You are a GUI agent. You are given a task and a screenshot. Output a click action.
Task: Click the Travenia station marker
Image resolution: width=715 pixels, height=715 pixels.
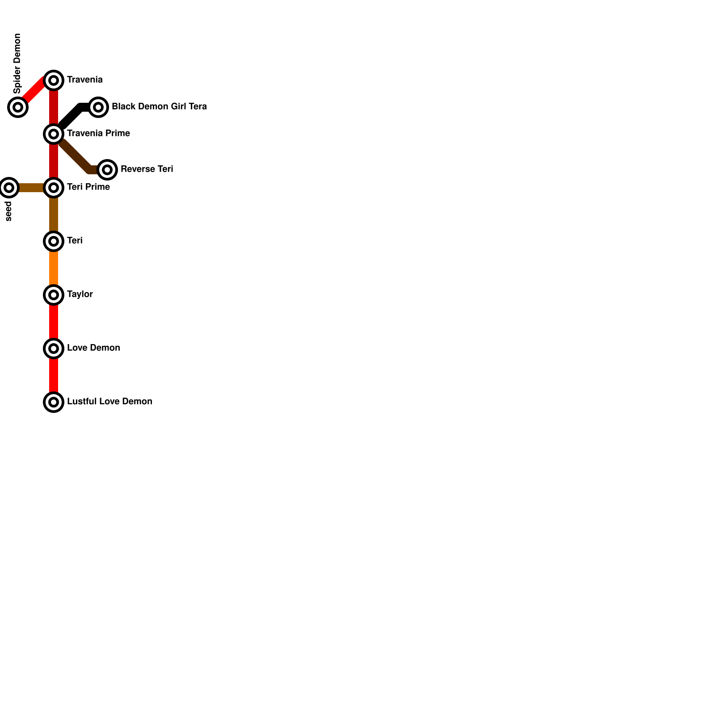(x=54, y=80)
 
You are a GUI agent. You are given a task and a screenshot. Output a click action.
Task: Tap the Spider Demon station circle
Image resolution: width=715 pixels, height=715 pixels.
(x=18, y=107)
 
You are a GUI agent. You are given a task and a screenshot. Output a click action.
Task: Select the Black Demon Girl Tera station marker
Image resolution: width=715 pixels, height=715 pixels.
(x=98, y=107)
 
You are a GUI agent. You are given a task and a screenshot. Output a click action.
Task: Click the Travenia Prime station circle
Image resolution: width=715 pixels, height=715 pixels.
(x=54, y=134)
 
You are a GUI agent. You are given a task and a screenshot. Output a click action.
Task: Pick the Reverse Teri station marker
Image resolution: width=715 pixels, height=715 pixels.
(x=107, y=170)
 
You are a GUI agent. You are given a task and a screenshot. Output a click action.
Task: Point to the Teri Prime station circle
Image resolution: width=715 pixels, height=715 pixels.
(x=54, y=188)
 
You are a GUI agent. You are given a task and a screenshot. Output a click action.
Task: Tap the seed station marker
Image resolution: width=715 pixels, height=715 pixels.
(x=9, y=188)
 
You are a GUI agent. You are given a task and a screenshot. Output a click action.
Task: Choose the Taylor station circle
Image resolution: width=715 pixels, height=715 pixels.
(x=54, y=295)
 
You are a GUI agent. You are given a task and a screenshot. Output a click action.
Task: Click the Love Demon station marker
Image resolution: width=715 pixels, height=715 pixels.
(x=54, y=349)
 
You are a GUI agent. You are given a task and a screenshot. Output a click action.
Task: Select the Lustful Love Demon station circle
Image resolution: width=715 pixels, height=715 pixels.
(x=54, y=402)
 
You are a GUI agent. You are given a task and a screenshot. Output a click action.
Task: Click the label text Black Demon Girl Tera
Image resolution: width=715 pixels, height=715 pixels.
(x=159, y=106)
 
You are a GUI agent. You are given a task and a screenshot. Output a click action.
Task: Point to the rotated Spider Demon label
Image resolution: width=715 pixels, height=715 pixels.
(x=17, y=63)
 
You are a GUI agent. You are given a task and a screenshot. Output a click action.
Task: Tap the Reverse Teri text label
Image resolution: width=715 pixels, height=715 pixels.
(x=147, y=169)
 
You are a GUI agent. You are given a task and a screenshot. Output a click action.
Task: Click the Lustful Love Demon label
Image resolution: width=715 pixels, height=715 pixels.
(x=109, y=401)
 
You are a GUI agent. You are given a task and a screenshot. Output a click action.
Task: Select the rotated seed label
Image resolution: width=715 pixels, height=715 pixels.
(x=8, y=211)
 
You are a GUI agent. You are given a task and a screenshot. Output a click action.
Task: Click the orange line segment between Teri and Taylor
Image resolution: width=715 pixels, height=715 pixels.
(x=54, y=268)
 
